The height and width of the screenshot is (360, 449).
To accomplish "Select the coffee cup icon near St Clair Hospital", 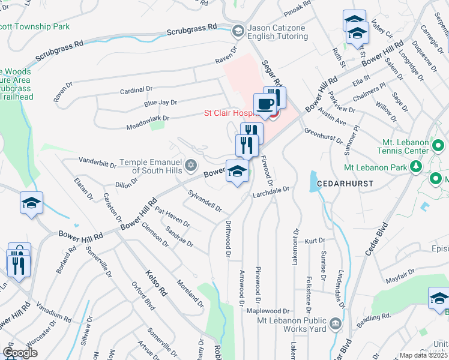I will (265, 104).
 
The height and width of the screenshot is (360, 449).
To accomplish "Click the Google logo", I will (20, 353).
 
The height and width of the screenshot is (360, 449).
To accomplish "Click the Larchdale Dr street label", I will (271, 191).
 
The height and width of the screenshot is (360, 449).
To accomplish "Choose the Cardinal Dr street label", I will (136, 90).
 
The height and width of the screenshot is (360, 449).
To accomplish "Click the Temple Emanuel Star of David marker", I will (191, 164).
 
